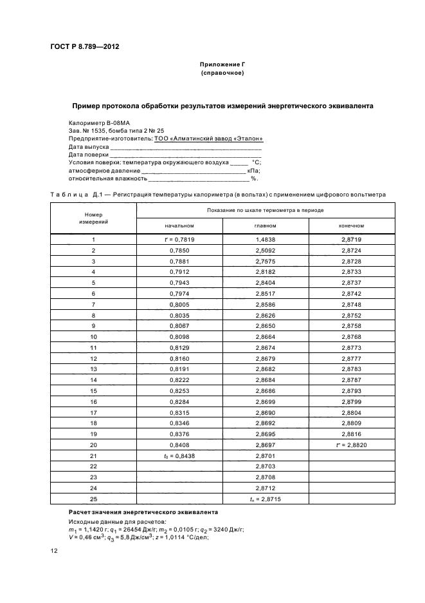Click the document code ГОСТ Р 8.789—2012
85,46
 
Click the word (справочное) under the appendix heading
222,73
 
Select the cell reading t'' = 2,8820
352,445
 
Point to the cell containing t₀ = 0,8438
179,455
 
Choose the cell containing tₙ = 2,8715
266,499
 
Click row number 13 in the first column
93,369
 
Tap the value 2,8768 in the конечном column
352,336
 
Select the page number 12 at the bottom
54,550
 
